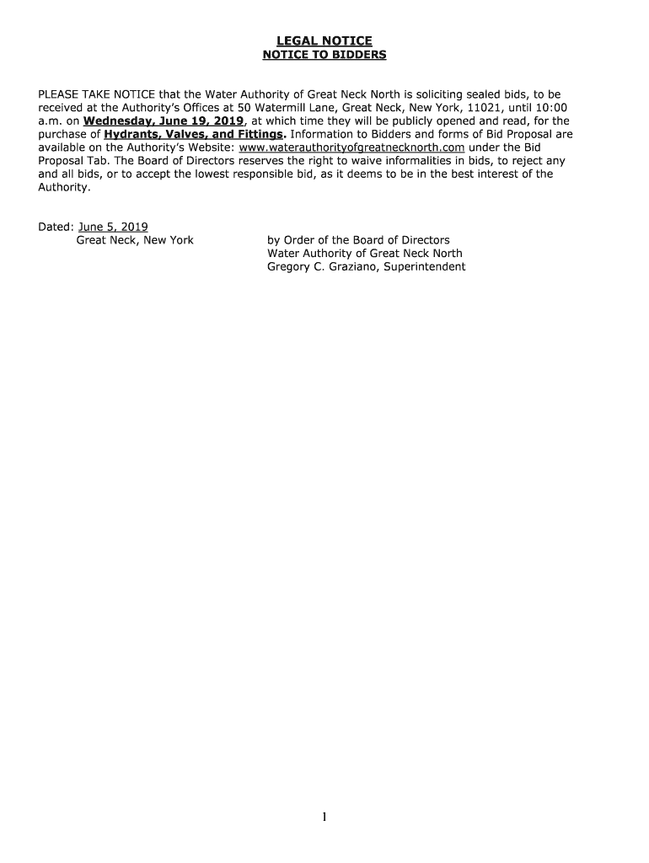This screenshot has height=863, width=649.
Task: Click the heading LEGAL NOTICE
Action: point(324,41)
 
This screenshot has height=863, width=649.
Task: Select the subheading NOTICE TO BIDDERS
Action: point(324,56)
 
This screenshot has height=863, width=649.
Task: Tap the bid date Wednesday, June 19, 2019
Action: point(158,121)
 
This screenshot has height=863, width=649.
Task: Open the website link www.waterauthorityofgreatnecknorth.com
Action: point(352,147)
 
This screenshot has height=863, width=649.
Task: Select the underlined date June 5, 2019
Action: point(113,227)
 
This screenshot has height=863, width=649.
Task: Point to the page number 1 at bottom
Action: point(324,817)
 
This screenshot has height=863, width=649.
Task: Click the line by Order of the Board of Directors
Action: point(358,240)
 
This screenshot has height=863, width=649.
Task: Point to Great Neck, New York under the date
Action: point(135,240)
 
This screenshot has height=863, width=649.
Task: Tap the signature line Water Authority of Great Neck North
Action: point(364,254)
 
